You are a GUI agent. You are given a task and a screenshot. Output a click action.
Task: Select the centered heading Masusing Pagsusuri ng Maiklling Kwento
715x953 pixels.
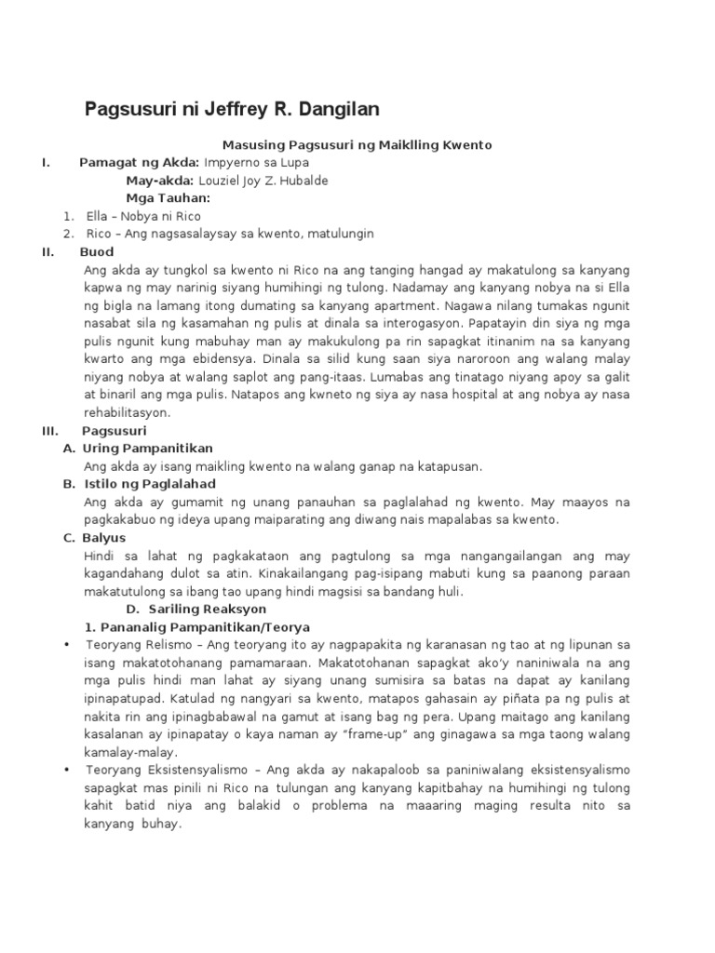(x=357, y=145)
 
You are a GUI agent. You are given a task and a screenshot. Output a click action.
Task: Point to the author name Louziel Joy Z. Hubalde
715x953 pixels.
(x=263, y=181)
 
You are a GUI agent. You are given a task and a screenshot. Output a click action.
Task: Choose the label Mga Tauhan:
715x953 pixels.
(x=168, y=198)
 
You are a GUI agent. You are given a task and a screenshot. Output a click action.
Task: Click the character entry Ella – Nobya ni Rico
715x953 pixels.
(x=143, y=216)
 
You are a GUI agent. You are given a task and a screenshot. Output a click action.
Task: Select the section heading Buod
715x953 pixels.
(x=97, y=252)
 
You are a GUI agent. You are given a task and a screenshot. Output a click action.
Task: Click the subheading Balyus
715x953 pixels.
(x=104, y=538)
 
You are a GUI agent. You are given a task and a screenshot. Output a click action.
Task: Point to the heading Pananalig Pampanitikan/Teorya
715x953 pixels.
(x=197, y=627)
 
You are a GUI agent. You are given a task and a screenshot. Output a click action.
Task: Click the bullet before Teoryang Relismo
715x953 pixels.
(x=66, y=645)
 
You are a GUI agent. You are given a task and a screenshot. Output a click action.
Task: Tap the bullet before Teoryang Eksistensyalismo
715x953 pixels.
(x=66, y=771)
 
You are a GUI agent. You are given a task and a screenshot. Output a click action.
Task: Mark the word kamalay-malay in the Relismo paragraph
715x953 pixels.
(x=129, y=752)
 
